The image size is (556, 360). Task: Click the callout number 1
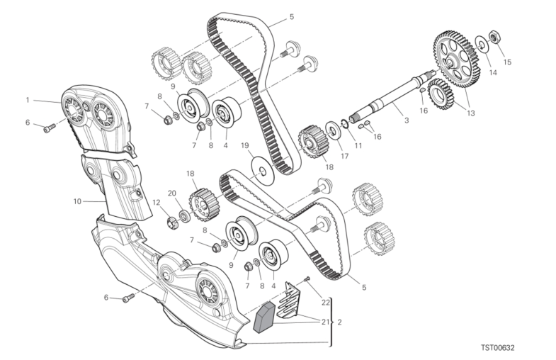tap(28, 99)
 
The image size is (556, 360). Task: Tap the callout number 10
tap(77, 201)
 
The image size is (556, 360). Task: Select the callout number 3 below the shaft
tap(407, 120)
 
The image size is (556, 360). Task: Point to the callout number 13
tap(470, 111)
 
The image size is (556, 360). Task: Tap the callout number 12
tap(156, 203)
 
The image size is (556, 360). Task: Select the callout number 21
tap(326, 322)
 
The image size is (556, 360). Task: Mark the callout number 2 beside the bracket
tap(340, 322)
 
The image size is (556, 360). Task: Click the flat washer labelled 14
tap(480, 43)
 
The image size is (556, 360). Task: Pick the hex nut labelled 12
tap(171, 224)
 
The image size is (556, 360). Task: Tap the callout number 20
tap(171, 193)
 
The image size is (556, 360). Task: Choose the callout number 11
tap(358, 145)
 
